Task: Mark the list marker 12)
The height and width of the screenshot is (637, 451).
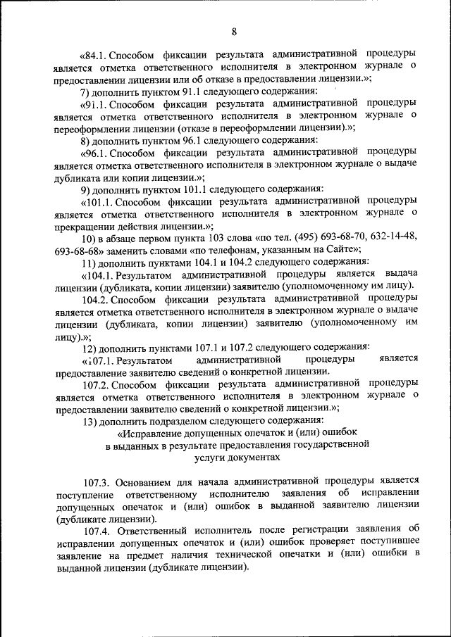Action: [90, 347]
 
